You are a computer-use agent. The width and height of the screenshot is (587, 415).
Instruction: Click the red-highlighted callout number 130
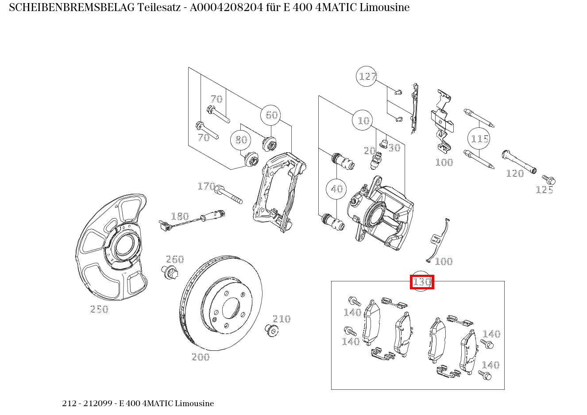[422, 282]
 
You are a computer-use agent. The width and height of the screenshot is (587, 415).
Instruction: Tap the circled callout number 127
[367, 77]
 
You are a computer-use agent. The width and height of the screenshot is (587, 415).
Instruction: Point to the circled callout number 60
[271, 115]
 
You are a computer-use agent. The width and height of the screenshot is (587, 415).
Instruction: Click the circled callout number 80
[241, 140]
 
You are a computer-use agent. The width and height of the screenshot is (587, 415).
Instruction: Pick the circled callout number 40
[336, 189]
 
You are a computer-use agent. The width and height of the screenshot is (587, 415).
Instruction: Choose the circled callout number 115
[479, 138]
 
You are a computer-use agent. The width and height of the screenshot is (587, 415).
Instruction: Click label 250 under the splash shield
[99, 309]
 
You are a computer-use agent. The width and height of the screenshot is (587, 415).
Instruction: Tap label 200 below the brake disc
[201, 357]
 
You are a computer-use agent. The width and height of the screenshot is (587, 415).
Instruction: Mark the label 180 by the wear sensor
[180, 216]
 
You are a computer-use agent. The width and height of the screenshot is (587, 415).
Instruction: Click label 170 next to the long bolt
[206, 186]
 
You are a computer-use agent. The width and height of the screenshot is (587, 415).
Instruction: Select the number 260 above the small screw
[175, 259]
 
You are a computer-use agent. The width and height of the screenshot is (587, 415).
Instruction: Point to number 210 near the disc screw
[282, 319]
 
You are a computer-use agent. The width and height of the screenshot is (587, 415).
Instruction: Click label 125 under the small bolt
[545, 190]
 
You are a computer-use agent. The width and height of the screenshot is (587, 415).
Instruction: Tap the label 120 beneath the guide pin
[515, 173]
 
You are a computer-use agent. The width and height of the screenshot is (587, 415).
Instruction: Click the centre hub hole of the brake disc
[231, 308]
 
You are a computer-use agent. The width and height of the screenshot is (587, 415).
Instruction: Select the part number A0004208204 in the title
[226, 8]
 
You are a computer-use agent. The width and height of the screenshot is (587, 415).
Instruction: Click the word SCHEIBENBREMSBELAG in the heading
[72, 8]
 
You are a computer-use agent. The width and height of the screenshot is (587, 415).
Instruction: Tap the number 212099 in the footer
[98, 403]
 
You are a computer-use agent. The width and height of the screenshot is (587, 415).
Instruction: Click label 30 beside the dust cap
[394, 148]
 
